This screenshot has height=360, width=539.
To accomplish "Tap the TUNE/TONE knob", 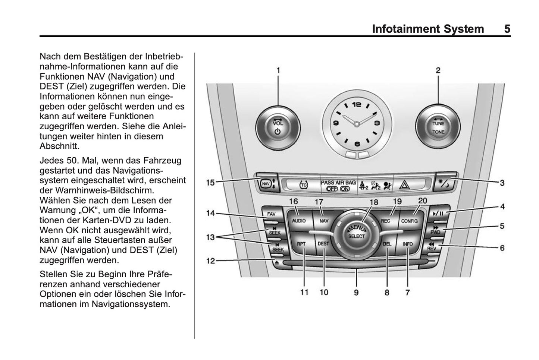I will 438,127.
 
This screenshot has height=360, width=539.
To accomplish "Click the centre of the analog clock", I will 357,123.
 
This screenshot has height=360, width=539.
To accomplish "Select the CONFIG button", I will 409,221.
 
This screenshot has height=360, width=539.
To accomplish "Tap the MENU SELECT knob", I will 356,234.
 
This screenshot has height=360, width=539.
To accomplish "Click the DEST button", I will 323,244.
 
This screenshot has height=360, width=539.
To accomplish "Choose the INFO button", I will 407,244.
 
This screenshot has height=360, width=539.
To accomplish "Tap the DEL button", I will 387,244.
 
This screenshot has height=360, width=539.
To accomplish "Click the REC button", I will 385,221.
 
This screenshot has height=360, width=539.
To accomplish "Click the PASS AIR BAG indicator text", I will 338,183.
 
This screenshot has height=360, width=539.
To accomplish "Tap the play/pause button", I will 438,214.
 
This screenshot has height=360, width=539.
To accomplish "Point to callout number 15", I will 211,183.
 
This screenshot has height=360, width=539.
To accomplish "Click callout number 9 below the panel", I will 356,293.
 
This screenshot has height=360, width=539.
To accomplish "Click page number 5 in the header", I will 507,29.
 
